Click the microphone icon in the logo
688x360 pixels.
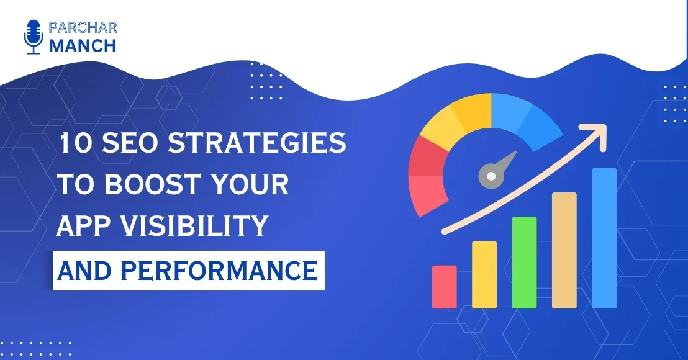pos(33,37)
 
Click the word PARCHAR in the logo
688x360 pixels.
pos(82,27)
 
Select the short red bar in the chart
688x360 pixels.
pos(444,286)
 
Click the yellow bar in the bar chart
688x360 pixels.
pos(484,274)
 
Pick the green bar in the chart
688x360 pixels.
pos(524,262)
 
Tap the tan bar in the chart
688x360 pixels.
pos(564,250)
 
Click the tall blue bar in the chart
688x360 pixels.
pos(604,238)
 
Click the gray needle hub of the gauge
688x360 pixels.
pos(491,176)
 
